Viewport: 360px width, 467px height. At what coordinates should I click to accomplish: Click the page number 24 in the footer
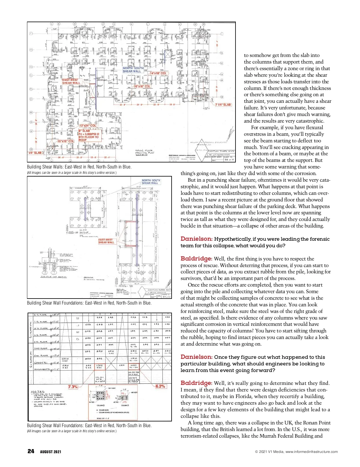pos(31,451)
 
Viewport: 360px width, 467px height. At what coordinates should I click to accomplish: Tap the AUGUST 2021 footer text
pos(50,452)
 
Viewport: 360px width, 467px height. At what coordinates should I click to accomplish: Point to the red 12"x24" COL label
pos(88,126)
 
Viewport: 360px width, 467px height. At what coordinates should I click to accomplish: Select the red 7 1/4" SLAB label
pos(223,105)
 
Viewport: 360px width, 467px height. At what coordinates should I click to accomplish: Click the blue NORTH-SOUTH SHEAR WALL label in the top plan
pos(133,70)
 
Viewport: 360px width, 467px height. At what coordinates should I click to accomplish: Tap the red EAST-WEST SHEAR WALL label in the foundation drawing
pos(106,241)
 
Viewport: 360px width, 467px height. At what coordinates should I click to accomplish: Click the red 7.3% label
pos(73,387)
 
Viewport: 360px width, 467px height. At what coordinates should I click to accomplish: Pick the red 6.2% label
pos(160,386)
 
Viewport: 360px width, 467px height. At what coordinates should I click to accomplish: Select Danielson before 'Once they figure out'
pos(196,357)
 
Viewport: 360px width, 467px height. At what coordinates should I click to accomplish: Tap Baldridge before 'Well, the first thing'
pos(196,258)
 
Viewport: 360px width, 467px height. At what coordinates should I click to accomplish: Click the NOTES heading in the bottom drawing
pos(37,391)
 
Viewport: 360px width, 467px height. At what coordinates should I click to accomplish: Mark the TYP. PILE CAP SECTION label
pos(53,277)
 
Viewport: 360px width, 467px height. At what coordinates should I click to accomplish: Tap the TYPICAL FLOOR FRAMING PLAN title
pos(144,152)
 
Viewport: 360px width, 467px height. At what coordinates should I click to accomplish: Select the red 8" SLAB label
pos(84,131)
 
